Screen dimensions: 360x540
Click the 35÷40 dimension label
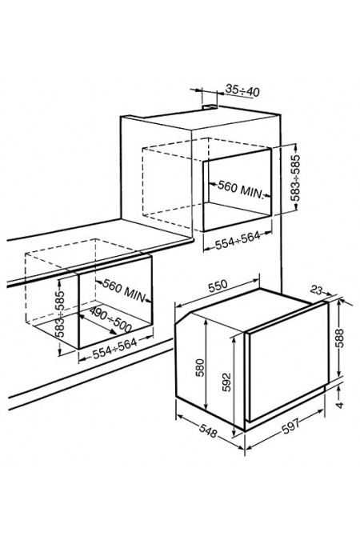coord(242,90)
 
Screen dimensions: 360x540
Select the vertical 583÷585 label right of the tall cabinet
coord(295,178)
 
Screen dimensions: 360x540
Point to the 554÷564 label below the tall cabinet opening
coord(238,240)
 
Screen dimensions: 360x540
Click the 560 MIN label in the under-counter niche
coord(125,290)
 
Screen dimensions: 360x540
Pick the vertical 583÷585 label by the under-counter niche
coord(60,314)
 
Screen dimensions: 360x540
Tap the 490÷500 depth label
coord(110,320)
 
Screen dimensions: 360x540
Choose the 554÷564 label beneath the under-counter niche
coord(115,349)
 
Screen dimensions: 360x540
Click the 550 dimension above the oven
coord(218,286)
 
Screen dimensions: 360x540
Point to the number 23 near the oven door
coord(317,290)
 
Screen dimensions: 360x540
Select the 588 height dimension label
coord(339,338)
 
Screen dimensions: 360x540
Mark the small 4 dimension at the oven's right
coord(340,405)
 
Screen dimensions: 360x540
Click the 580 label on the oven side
coord(200,368)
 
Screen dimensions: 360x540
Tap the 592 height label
coord(226,382)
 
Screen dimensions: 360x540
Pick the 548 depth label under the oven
coord(209,431)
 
